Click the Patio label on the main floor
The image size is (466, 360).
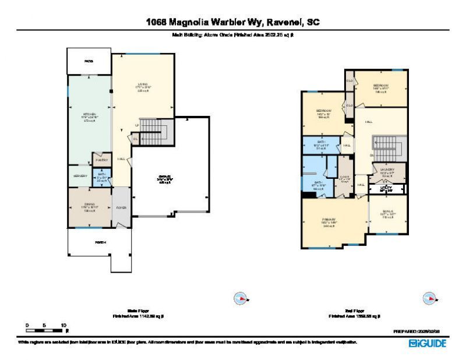(89, 61)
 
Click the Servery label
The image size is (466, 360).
(80, 176)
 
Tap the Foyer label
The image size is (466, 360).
(122, 207)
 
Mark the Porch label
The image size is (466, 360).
(100, 242)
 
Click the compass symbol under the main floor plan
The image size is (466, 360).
(241, 299)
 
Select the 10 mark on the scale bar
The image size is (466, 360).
(63, 324)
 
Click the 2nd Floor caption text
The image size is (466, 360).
(354, 311)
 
